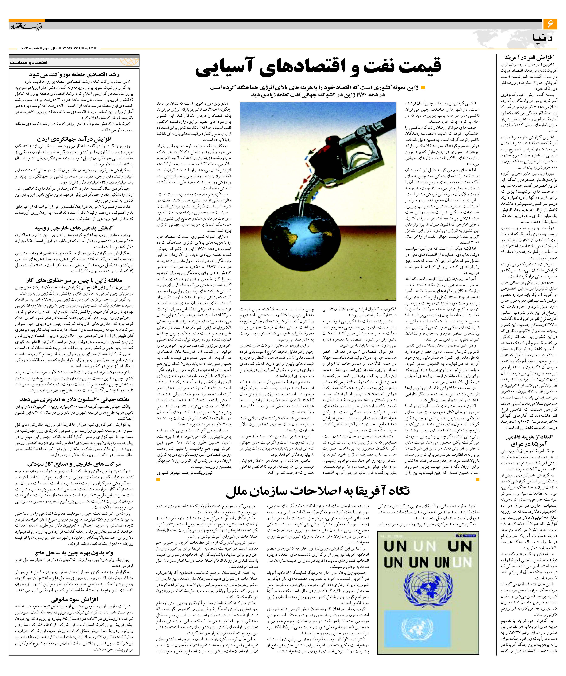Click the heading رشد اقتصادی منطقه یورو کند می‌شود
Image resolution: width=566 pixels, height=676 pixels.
[74, 75]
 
